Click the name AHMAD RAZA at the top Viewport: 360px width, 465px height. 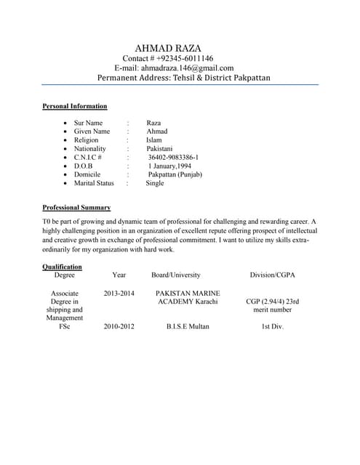point(169,48)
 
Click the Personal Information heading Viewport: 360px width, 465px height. point(75,106)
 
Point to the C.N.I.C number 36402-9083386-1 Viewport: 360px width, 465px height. point(173,157)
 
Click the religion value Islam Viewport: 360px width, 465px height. point(154,140)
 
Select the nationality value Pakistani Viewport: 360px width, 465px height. point(161,148)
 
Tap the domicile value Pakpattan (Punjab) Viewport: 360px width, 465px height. point(175,174)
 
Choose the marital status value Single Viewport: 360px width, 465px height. point(155,183)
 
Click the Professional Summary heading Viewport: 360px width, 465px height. point(76,207)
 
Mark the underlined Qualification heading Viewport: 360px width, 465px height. point(62,267)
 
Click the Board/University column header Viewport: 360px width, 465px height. point(176,275)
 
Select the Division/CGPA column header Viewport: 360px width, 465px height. point(273,275)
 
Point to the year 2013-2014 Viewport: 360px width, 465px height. point(119,293)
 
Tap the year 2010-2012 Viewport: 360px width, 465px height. point(119,326)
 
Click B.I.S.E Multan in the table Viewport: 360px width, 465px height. point(188,326)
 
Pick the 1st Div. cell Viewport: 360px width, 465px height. point(273,326)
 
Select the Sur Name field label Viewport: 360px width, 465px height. point(89,124)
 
